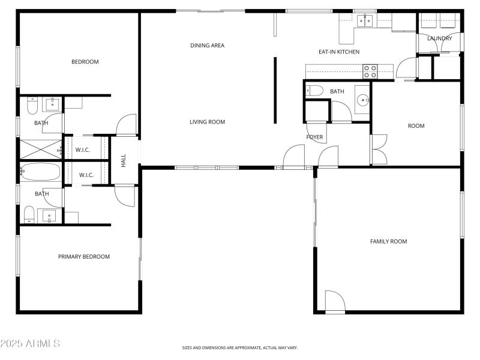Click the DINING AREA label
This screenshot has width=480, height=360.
(x=207, y=45)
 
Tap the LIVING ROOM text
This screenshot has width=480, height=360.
(x=207, y=122)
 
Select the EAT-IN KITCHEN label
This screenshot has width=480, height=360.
(x=339, y=52)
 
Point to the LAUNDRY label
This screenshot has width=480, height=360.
(x=439, y=38)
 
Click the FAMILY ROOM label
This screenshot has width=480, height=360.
(x=388, y=241)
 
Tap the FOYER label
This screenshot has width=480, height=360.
(x=314, y=137)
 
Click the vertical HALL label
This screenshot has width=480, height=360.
(x=124, y=160)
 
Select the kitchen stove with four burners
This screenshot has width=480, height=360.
(x=370, y=72)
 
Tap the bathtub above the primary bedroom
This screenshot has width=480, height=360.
(x=40, y=172)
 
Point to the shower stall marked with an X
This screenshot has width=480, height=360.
(x=40, y=148)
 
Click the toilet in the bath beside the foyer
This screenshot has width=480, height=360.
(x=315, y=91)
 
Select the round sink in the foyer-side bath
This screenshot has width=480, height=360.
(x=362, y=100)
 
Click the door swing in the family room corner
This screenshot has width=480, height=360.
(x=335, y=301)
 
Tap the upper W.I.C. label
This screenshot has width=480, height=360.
(x=83, y=149)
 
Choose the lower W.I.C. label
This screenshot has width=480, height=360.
(x=86, y=175)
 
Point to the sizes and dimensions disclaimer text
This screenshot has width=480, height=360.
(x=240, y=348)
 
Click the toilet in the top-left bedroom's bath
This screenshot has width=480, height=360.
(x=33, y=106)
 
